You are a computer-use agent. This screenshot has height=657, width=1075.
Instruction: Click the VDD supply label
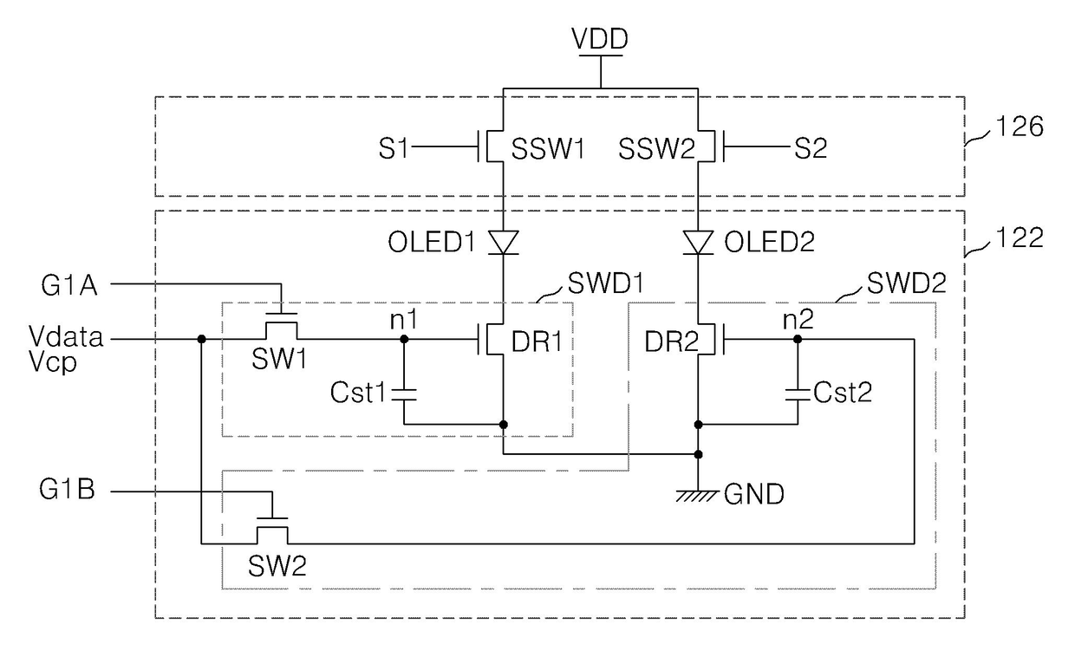pyautogui.click(x=600, y=39)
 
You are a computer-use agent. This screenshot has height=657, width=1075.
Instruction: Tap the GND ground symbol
pyautogui.click(x=697, y=496)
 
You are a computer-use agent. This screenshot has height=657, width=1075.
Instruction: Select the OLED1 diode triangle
pyautogui.click(x=503, y=242)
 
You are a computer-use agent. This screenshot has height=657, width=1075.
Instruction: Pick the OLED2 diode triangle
pyautogui.click(x=698, y=242)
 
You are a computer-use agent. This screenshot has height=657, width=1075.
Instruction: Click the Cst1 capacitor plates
pyautogui.click(x=404, y=394)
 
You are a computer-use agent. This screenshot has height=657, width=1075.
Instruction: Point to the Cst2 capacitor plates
pyautogui.click(x=798, y=394)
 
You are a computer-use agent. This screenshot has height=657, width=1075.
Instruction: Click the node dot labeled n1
pyautogui.click(x=404, y=339)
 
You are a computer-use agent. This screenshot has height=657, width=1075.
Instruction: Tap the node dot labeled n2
pyautogui.click(x=798, y=339)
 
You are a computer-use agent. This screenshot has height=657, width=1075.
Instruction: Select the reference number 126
pyautogui.click(x=1020, y=127)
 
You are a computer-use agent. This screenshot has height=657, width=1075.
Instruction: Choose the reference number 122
pyautogui.click(x=1020, y=238)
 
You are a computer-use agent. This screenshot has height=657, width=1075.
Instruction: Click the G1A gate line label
pyautogui.click(x=69, y=286)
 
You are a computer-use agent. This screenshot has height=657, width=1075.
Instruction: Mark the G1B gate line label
pyautogui.click(x=68, y=490)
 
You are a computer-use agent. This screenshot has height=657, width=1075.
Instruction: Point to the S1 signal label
pyautogui.click(x=393, y=148)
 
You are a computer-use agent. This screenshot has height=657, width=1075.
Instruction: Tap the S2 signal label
pyautogui.click(x=811, y=148)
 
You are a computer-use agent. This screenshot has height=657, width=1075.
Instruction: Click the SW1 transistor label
pyautogui.click(x=279, y=359)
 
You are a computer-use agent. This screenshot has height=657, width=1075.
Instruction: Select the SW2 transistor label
pyautogui.click(x=277, y=566)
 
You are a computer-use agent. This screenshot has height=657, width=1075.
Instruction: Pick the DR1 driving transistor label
pyautogui.click(x=537, y=342)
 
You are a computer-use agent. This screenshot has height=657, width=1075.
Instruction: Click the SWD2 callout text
pyautogui.click(x=907, y=283)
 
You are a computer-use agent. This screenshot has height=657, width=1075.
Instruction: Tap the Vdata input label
pyautogui.click(x=66, y=336)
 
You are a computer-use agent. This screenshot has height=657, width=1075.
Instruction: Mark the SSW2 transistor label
pyautogui.click(x=656, y=148)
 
